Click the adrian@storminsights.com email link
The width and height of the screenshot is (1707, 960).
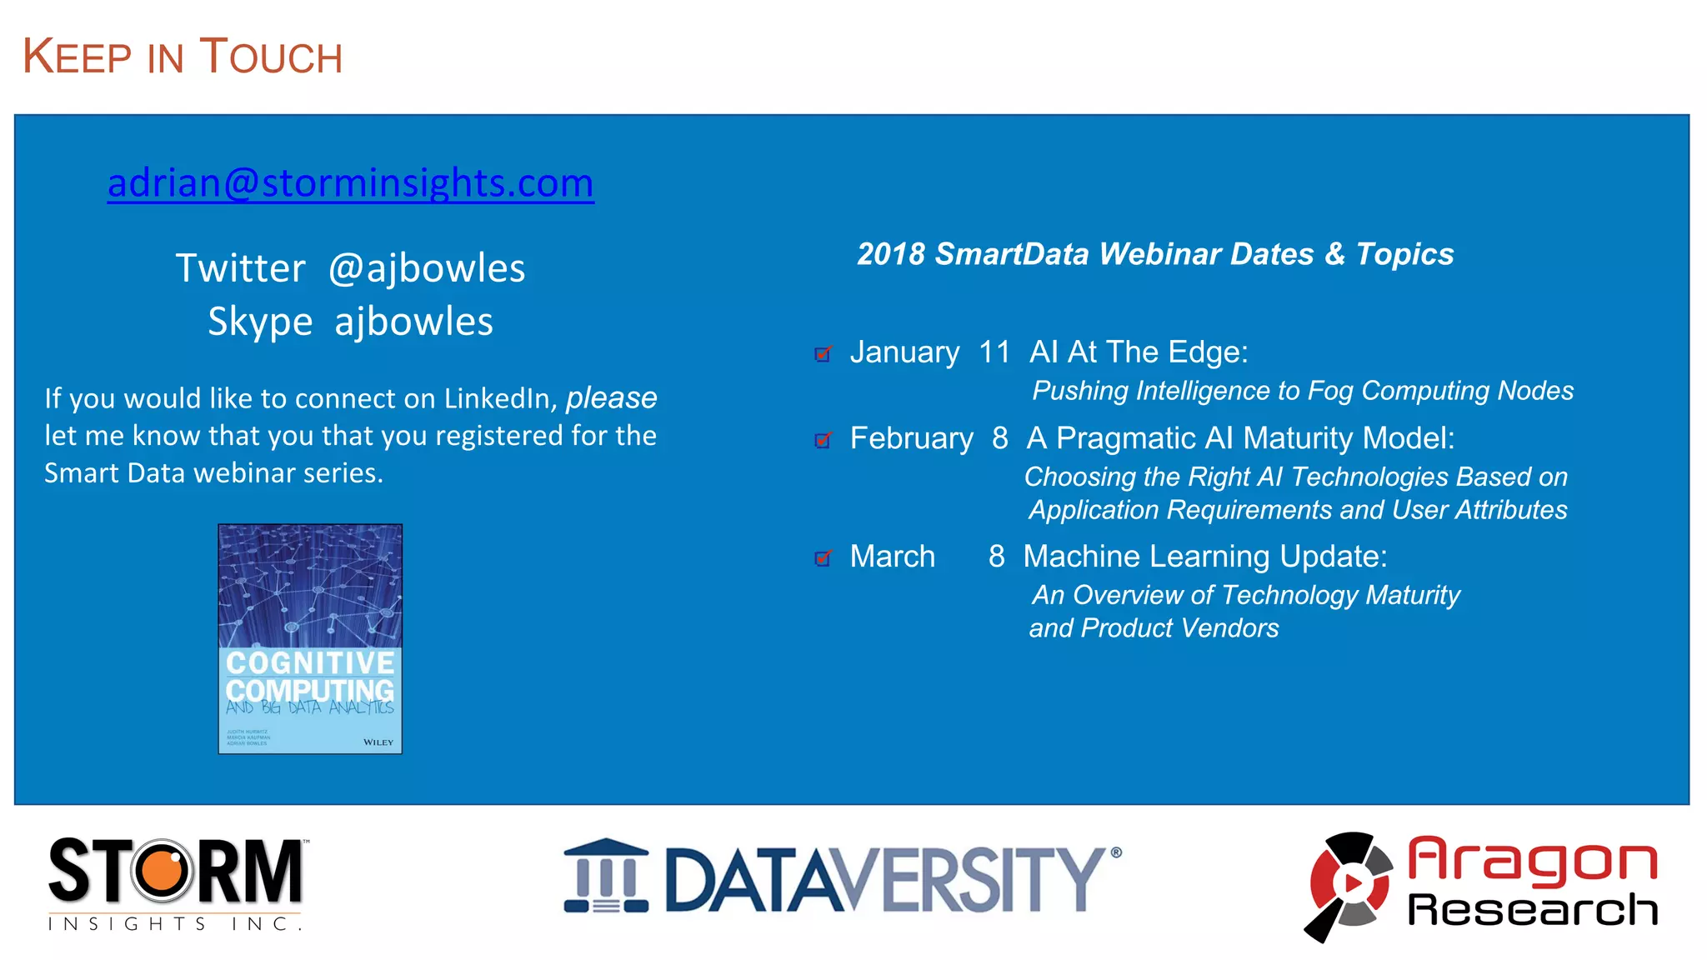[350, 183]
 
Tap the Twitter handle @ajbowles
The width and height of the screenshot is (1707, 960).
[427, 269]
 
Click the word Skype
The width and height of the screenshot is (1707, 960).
[260, 322]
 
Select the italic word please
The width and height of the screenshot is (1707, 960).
[611, 398]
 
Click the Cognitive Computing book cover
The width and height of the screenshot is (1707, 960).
[310, 638]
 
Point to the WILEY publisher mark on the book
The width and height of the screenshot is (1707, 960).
[378, 742]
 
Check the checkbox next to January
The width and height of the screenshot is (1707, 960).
[823, 354]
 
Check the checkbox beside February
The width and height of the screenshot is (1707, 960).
[823, 440]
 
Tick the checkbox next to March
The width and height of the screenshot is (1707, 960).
[823, 558]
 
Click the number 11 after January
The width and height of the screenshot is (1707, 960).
[994, 352]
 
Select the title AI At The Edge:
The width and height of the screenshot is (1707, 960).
[1139, 352]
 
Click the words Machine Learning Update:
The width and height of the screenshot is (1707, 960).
[1204, 557]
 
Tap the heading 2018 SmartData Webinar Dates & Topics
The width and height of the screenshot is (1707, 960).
[1155, 254]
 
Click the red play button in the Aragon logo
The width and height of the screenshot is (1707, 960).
[1352, 882]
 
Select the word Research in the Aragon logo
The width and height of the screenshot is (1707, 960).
[1532, 909]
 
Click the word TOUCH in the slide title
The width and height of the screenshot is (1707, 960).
[271, 57]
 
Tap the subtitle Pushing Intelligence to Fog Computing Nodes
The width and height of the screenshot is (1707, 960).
[1302, 391]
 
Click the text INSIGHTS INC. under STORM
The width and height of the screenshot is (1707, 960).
[175, 923]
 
